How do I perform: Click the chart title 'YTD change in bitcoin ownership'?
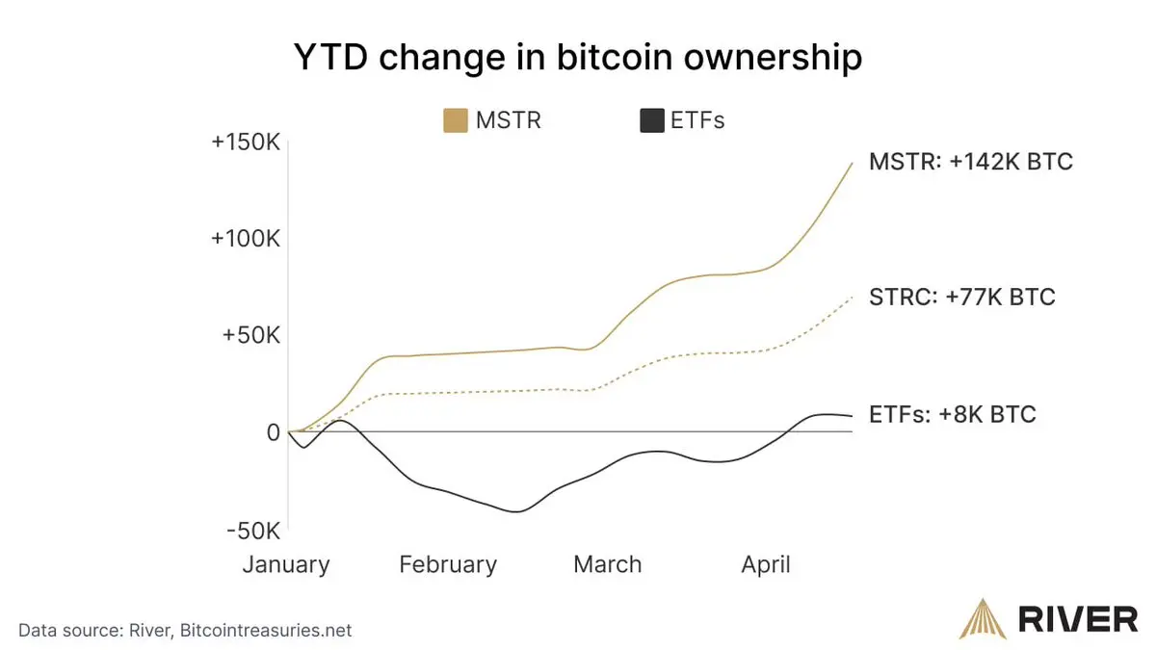click(577, 58)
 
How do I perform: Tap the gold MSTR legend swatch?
click(455, 120)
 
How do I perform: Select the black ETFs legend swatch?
click(652, 120)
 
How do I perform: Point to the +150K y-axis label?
click(246, 143)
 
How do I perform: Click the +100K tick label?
click(246, 239)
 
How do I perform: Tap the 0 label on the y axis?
click(273, 432)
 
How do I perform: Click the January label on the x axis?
click(286, 564)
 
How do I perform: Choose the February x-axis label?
click(448, 564)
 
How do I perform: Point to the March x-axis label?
click(607, 564)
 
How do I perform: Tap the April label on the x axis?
click(766, 564)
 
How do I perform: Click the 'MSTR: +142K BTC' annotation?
click(970, 162)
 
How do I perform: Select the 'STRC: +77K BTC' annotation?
click(962, 297)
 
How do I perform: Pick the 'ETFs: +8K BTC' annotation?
click(953, 415)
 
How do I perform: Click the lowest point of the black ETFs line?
click(516, 511)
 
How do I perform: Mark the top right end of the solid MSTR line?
click(852, 163)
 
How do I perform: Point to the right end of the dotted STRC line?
click(852, 298)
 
